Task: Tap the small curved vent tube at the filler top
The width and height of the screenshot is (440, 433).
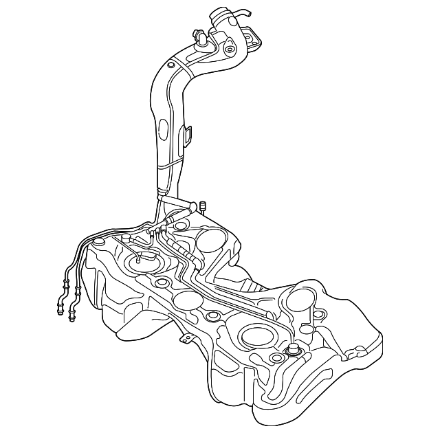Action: [240, 12]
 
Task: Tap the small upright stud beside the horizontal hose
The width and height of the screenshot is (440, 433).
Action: [204, 205]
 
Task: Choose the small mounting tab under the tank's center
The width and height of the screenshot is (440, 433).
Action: [186, 339]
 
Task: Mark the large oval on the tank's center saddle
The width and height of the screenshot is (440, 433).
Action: [186, 300]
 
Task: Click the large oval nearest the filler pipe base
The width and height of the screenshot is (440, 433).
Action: [212, 241]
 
